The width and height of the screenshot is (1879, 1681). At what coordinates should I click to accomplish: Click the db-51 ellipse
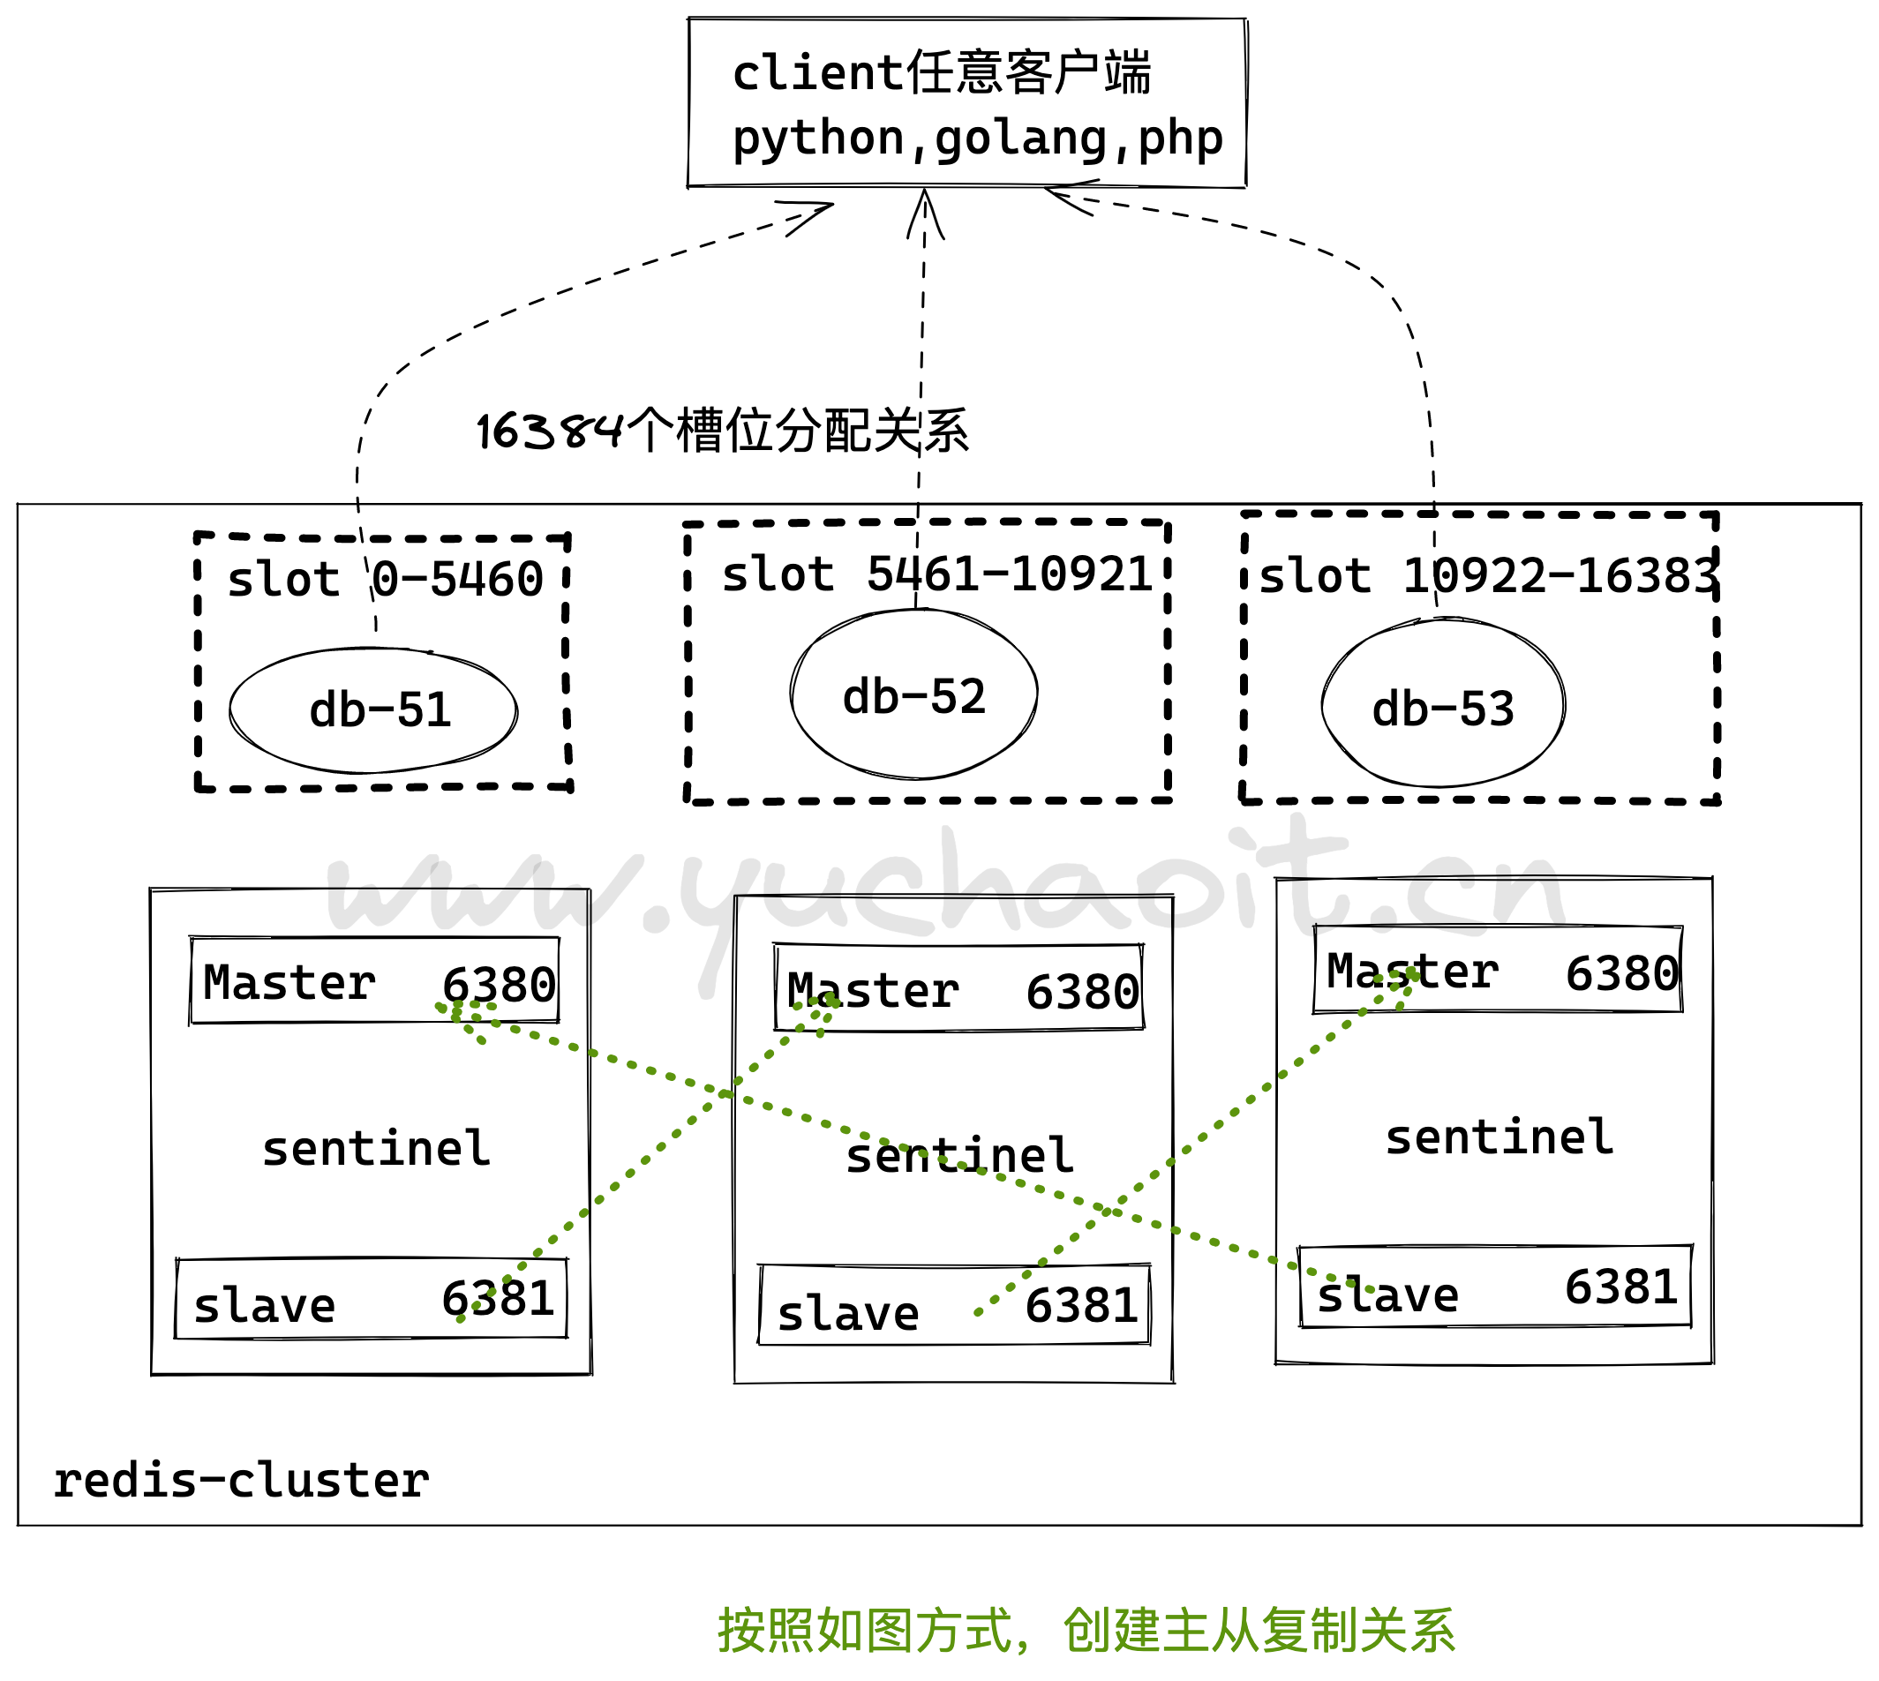click(x=373, y=711)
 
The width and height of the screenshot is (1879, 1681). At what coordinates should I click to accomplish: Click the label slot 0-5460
click(x=385, y=580)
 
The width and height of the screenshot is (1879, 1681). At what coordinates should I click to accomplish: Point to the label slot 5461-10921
click(x=936, y=574)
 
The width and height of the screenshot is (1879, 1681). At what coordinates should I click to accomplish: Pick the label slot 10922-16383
click(x=1487, y=576)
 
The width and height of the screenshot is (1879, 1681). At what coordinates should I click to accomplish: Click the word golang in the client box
click(x=1020, y=139)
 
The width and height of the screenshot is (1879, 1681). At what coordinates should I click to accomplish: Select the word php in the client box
click(x=1181, y=139)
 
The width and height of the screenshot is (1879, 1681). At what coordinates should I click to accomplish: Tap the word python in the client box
click(x=817, y=139)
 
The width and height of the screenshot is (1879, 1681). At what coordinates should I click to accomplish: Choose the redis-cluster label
click(x=241, y=1481)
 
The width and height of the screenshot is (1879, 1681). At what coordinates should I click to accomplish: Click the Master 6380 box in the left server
click(x=374, y=981)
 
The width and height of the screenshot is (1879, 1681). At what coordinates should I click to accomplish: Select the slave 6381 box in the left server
click(x=372, y=1300)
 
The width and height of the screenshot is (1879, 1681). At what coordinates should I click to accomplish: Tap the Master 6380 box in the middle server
click(x=958, y=988)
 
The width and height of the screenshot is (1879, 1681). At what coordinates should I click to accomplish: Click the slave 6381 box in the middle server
click(x=954, y=1306)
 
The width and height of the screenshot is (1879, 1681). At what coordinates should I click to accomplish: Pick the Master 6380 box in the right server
click(x=1499, y=970)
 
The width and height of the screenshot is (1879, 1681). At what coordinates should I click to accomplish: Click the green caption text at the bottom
click(x=1086, y=1631)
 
